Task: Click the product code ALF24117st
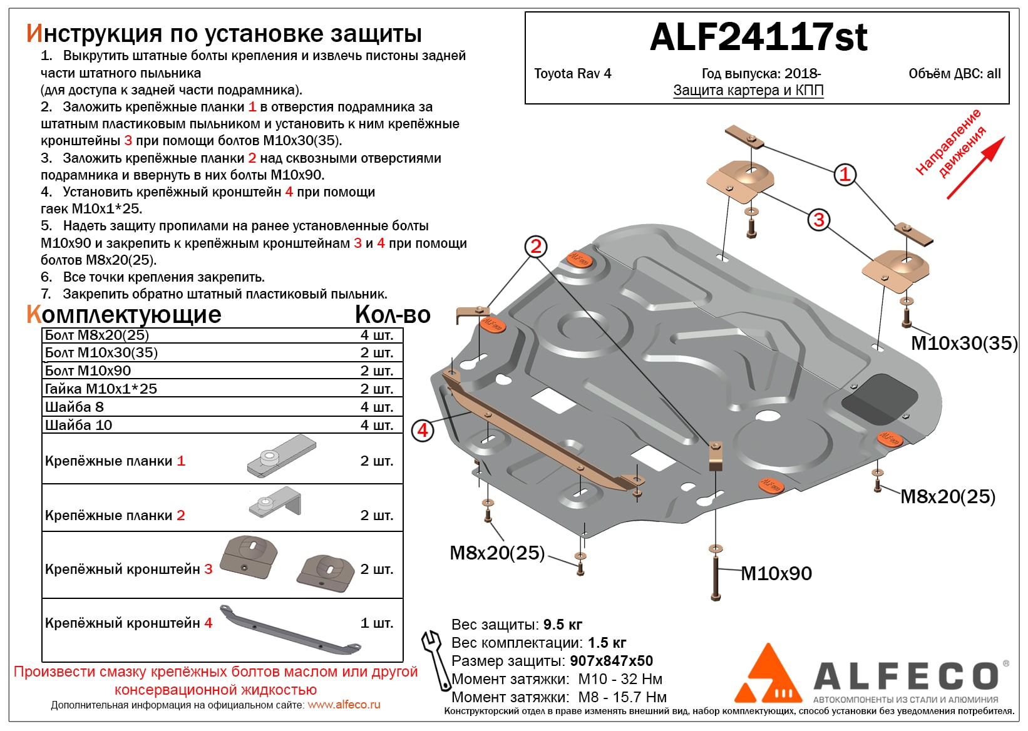[x=758, y=38]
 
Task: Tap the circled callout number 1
[x=845, y=174]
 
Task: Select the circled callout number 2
[x=535, y=247]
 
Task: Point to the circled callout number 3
[x=818, y=220]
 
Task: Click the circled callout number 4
[x=423, y=431]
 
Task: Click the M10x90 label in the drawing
[x=776, y=573]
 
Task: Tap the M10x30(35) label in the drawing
[x=964, y=343]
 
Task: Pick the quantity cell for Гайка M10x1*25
[x=376, y=389]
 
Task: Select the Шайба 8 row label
[x=75, y=407]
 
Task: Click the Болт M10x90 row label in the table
[x=88, y=371]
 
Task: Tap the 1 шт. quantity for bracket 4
[x=376, y=623]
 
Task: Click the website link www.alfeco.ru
[x=344, y=705]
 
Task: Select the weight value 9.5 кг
[x=562, y=625]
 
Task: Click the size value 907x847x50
[x=611, y=661]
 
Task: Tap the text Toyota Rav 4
[x=572, y=74]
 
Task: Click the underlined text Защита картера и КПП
[x=748, y=91]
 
